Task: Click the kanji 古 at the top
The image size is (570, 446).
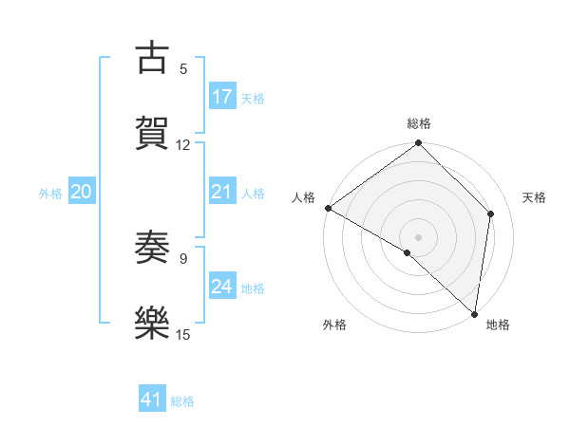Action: pyautogui.click(x=152, y=59)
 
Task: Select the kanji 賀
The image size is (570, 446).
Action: pyautogui.click(x=152, y=131)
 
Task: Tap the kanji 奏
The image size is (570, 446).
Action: pyautogui.click(x=152, y=248)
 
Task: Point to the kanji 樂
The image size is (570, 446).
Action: pyautogui.click(x=152, y=321)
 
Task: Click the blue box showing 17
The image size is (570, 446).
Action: pyautogui.click(x=222, y=97)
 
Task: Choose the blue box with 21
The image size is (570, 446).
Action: pyautogui.click(x=222, y=193)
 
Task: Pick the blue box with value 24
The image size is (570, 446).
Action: pyautogui.click(x=222, y=287)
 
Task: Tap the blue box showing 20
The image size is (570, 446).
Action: pyautogui.click(x=81, y=193)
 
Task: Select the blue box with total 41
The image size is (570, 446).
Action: pyautogui.click(x=152, y=400)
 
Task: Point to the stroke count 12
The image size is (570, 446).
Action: pyautogui.click(x=183, y=144)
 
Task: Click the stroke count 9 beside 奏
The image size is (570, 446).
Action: pyautogui.click(x=183, y=257)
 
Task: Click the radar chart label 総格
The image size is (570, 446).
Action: pyautogui.click(x=419, y=123)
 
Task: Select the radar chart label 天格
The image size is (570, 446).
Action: pyautogui.click(x=535, y=197)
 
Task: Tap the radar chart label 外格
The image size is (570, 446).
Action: pyautogui.click(x=333, y=325)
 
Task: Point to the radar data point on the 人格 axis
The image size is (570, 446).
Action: pyautogui.click(x=328, y=208)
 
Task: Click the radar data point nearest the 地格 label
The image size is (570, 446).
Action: pyautogui.click(x=474, y=313)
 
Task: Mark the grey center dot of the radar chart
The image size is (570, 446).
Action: pyautogui.click(x=419, y=236)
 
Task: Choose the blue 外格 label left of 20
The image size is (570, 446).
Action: pyautogui.click(x=50, y=194)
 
